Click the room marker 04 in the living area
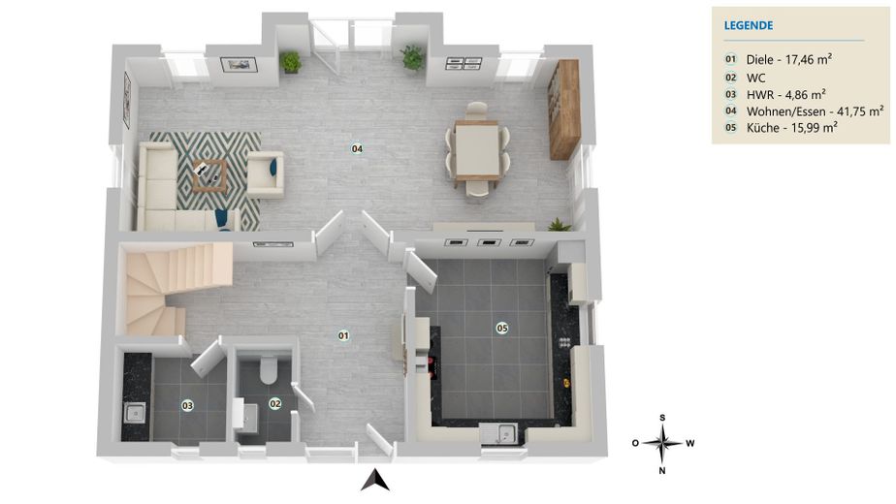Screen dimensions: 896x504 tap(357, 149)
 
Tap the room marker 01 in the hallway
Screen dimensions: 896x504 tap(343, 335)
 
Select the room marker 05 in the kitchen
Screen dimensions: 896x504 tap(502, 328)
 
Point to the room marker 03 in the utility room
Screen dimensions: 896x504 tap(187, 406)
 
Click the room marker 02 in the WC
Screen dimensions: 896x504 tap(275, 404)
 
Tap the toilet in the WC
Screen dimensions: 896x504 tap(268, 369)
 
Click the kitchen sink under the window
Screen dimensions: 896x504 tap(500, 433)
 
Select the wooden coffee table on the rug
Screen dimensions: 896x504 tap(209, 175)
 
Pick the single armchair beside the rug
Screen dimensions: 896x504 tap(265, 174)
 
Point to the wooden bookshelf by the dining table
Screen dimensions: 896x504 tap(564, 110)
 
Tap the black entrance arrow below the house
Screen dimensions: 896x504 tap(375, 481)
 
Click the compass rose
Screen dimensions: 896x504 tap(662, 444)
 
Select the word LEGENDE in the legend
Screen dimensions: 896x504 tap(749, 26)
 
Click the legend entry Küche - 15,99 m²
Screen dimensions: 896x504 tap(792, 127)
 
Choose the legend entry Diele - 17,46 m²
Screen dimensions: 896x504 tap(789, 59)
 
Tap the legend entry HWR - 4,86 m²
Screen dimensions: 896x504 tap(786, 94)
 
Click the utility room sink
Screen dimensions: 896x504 tap(136, 413)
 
